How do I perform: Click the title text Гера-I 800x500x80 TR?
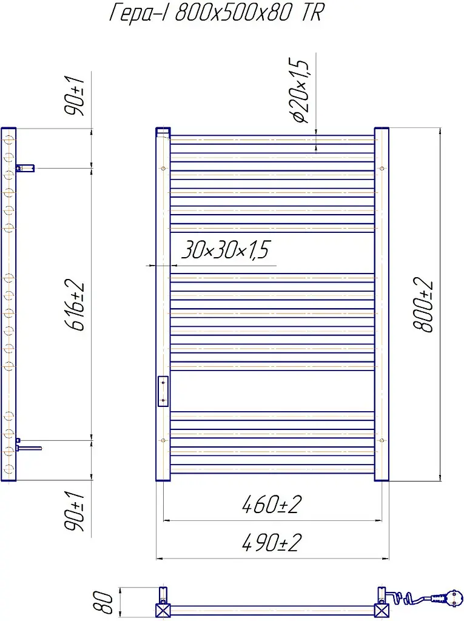[x=217, y=12]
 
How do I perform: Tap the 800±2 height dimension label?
[x=423, y=304]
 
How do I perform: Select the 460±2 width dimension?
[x=272, y=505]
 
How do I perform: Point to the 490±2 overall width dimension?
[x=272, y=542]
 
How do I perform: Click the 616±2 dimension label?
[x=74, y=305]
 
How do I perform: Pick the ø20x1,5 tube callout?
[x=300, y=90]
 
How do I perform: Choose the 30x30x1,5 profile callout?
[x=225, y=249]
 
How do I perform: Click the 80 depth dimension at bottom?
[x=103, y=602]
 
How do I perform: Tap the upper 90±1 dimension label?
[x=74, y=96]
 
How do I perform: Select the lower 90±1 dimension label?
[x=74, y=511]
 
